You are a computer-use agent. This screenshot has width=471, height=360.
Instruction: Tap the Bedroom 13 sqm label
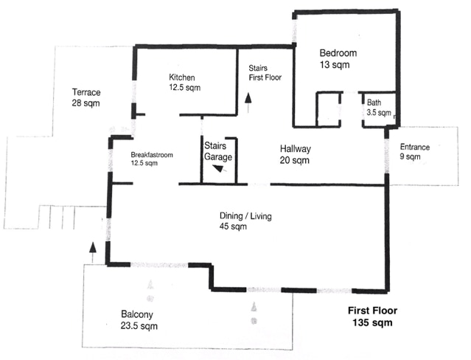point(338,58)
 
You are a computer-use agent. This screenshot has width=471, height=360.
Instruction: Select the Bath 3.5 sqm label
point(379,108)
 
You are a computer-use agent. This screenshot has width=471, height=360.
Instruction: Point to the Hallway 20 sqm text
point(295,154)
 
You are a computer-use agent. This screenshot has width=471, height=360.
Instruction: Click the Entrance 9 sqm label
point(414,151)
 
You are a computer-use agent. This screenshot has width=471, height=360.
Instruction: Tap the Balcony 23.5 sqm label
point(139,320)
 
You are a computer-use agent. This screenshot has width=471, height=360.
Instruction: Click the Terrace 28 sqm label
point(86,97)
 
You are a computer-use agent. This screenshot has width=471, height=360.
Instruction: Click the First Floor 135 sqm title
point(372,316)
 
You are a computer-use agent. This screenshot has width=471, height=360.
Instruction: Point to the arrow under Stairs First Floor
point(248,103)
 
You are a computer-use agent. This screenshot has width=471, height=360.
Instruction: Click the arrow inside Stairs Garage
point(220,169)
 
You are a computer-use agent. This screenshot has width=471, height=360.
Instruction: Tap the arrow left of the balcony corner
point(93,252)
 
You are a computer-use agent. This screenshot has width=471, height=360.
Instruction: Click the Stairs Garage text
point(218,151)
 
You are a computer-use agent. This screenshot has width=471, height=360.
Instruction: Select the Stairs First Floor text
point(265,73)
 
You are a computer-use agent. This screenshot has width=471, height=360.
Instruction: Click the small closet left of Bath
point(328,109)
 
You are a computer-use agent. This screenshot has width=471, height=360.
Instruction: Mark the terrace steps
point(57,217)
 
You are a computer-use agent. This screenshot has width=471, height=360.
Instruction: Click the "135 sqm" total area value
point(372,322)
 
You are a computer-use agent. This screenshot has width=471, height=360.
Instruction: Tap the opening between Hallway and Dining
point(259,184)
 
